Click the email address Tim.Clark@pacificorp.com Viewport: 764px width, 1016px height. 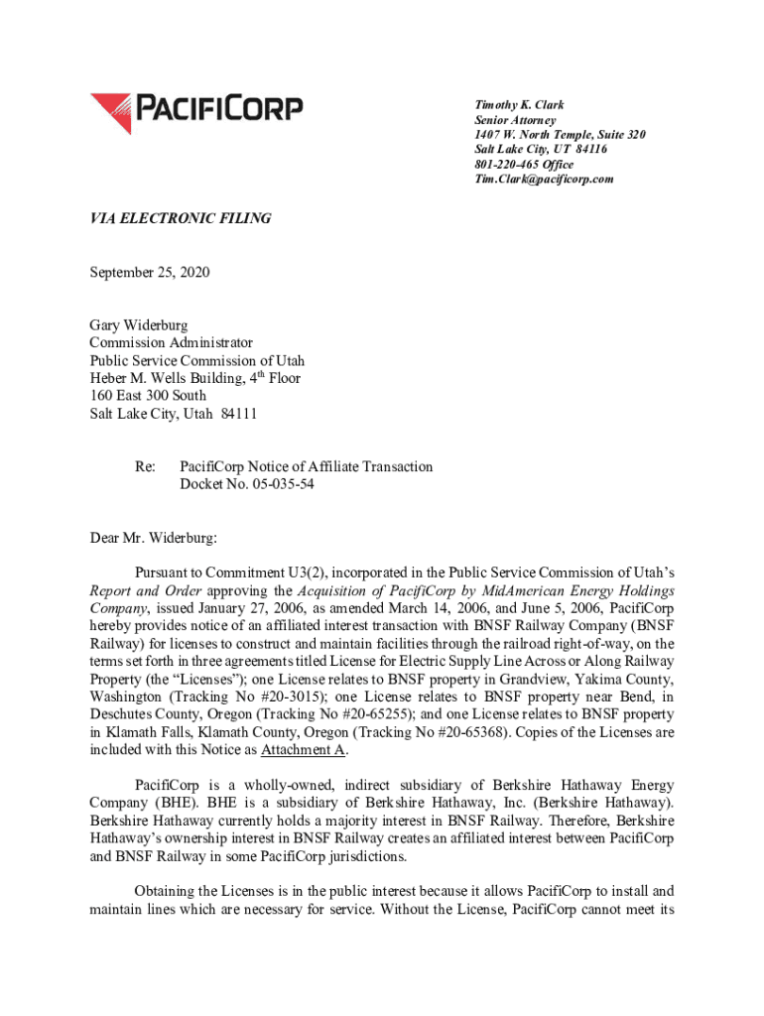pyautogui.click(x=545, y=180)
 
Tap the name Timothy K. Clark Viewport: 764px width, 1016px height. pyautogui.click(x=520, y=105)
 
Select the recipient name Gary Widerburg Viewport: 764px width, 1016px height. pyautogui.click(x=138, y=324)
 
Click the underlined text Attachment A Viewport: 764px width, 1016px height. pyautogui.click(x=304, y=750)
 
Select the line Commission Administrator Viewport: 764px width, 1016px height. pyautogui.click(x=172, y=342)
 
